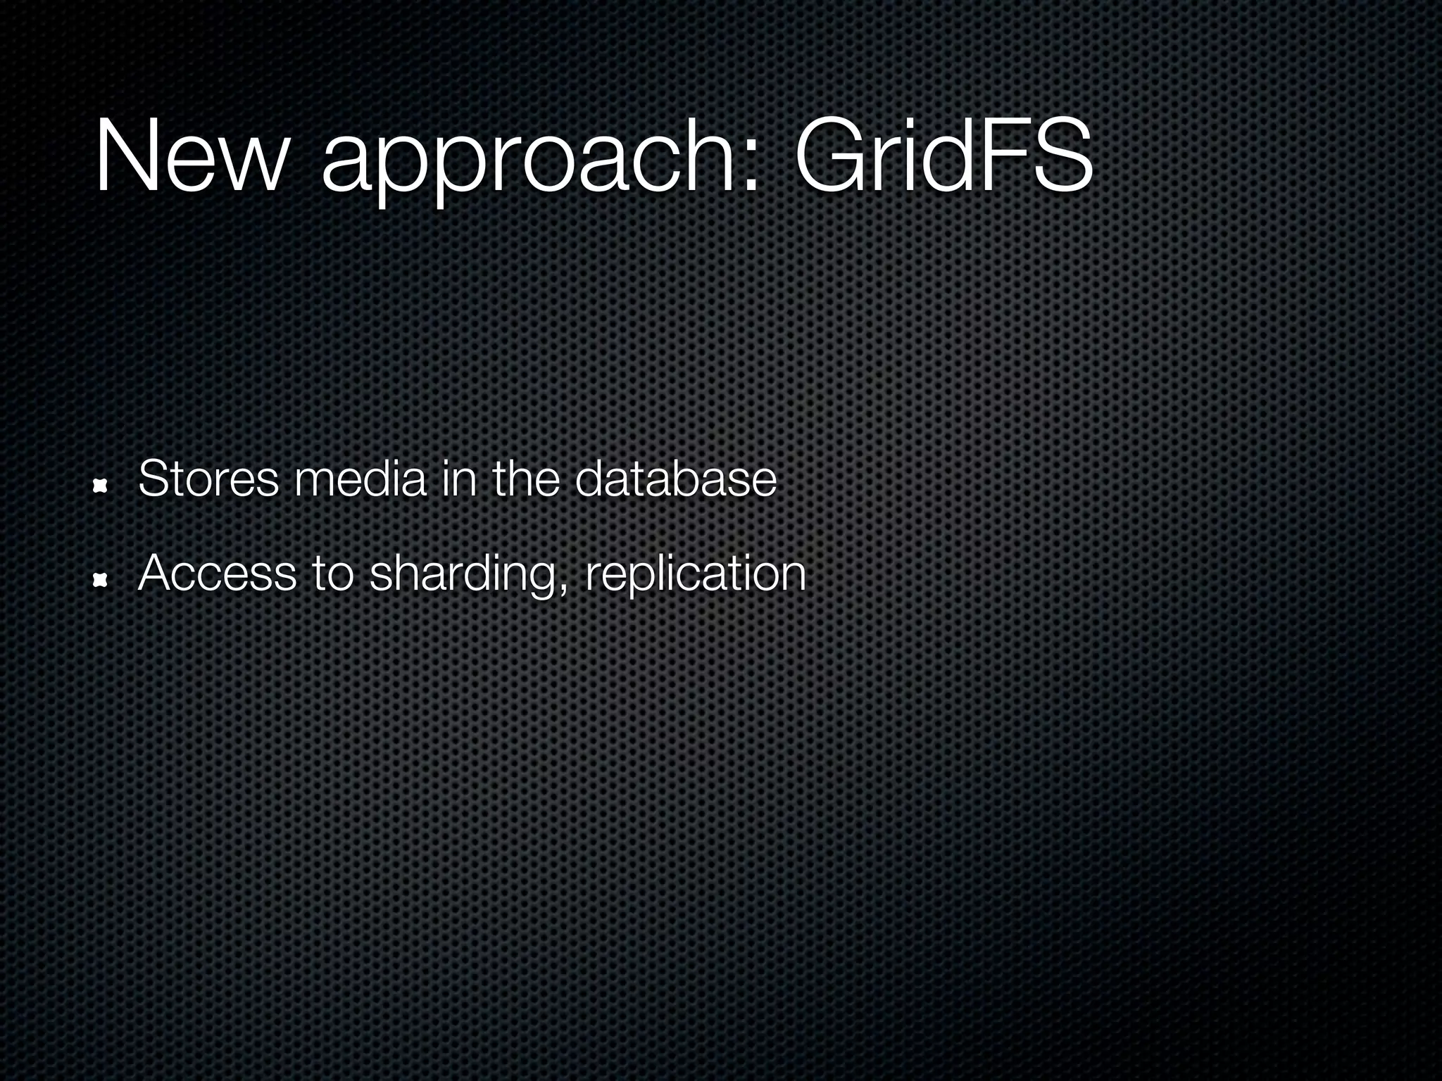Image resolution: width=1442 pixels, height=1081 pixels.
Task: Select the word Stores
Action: (208, 479)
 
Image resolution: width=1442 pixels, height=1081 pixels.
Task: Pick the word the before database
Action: (526, 479)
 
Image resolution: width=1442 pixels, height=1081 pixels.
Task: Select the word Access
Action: (217, 574)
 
